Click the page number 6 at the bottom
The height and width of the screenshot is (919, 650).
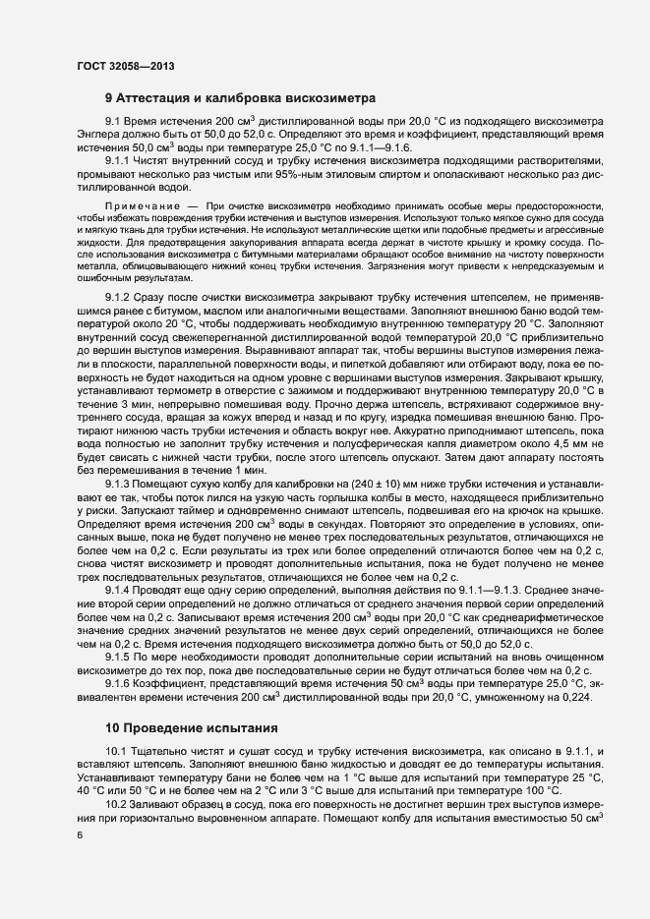click(80, 833)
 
